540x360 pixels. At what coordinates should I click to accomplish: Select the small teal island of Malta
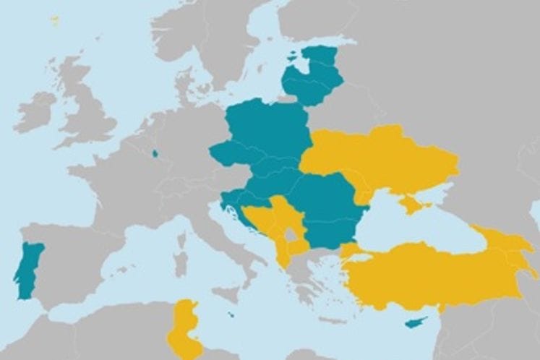tap(230, 315)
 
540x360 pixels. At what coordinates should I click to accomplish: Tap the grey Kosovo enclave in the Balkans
tap(291, 233)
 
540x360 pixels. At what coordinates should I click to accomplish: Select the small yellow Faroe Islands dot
tap(54, 20)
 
